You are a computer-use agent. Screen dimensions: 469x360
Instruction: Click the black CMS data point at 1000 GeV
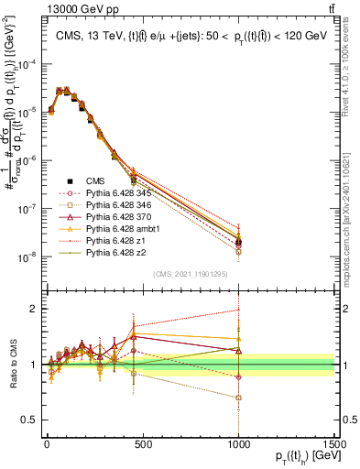pyautogui.click(x=239, y=242)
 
